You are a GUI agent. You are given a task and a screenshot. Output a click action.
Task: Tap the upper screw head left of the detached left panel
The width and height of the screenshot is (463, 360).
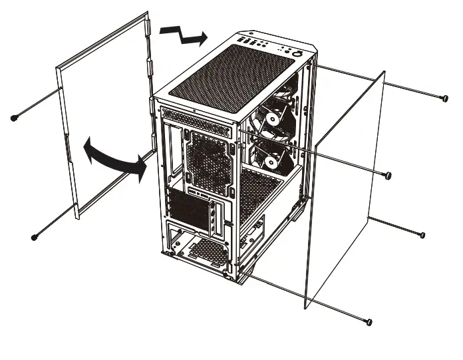tap(14, 118)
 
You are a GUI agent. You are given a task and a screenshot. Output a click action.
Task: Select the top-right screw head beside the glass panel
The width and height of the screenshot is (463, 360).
tap(443, 98)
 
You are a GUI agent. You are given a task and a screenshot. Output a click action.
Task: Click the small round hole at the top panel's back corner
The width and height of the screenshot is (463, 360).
tap(251, 33)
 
